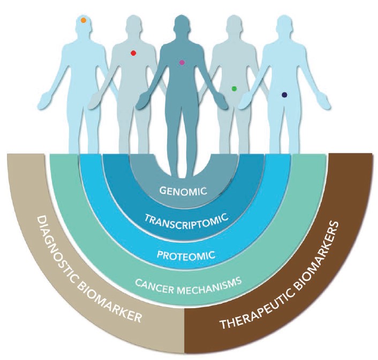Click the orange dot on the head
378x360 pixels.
[84, 20]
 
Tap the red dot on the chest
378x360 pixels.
[133, 53]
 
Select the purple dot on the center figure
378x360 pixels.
[182, 63]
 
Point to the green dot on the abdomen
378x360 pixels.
[234, 88]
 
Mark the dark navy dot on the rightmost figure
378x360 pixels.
[284, 95]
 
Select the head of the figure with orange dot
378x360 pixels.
[84, 24]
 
